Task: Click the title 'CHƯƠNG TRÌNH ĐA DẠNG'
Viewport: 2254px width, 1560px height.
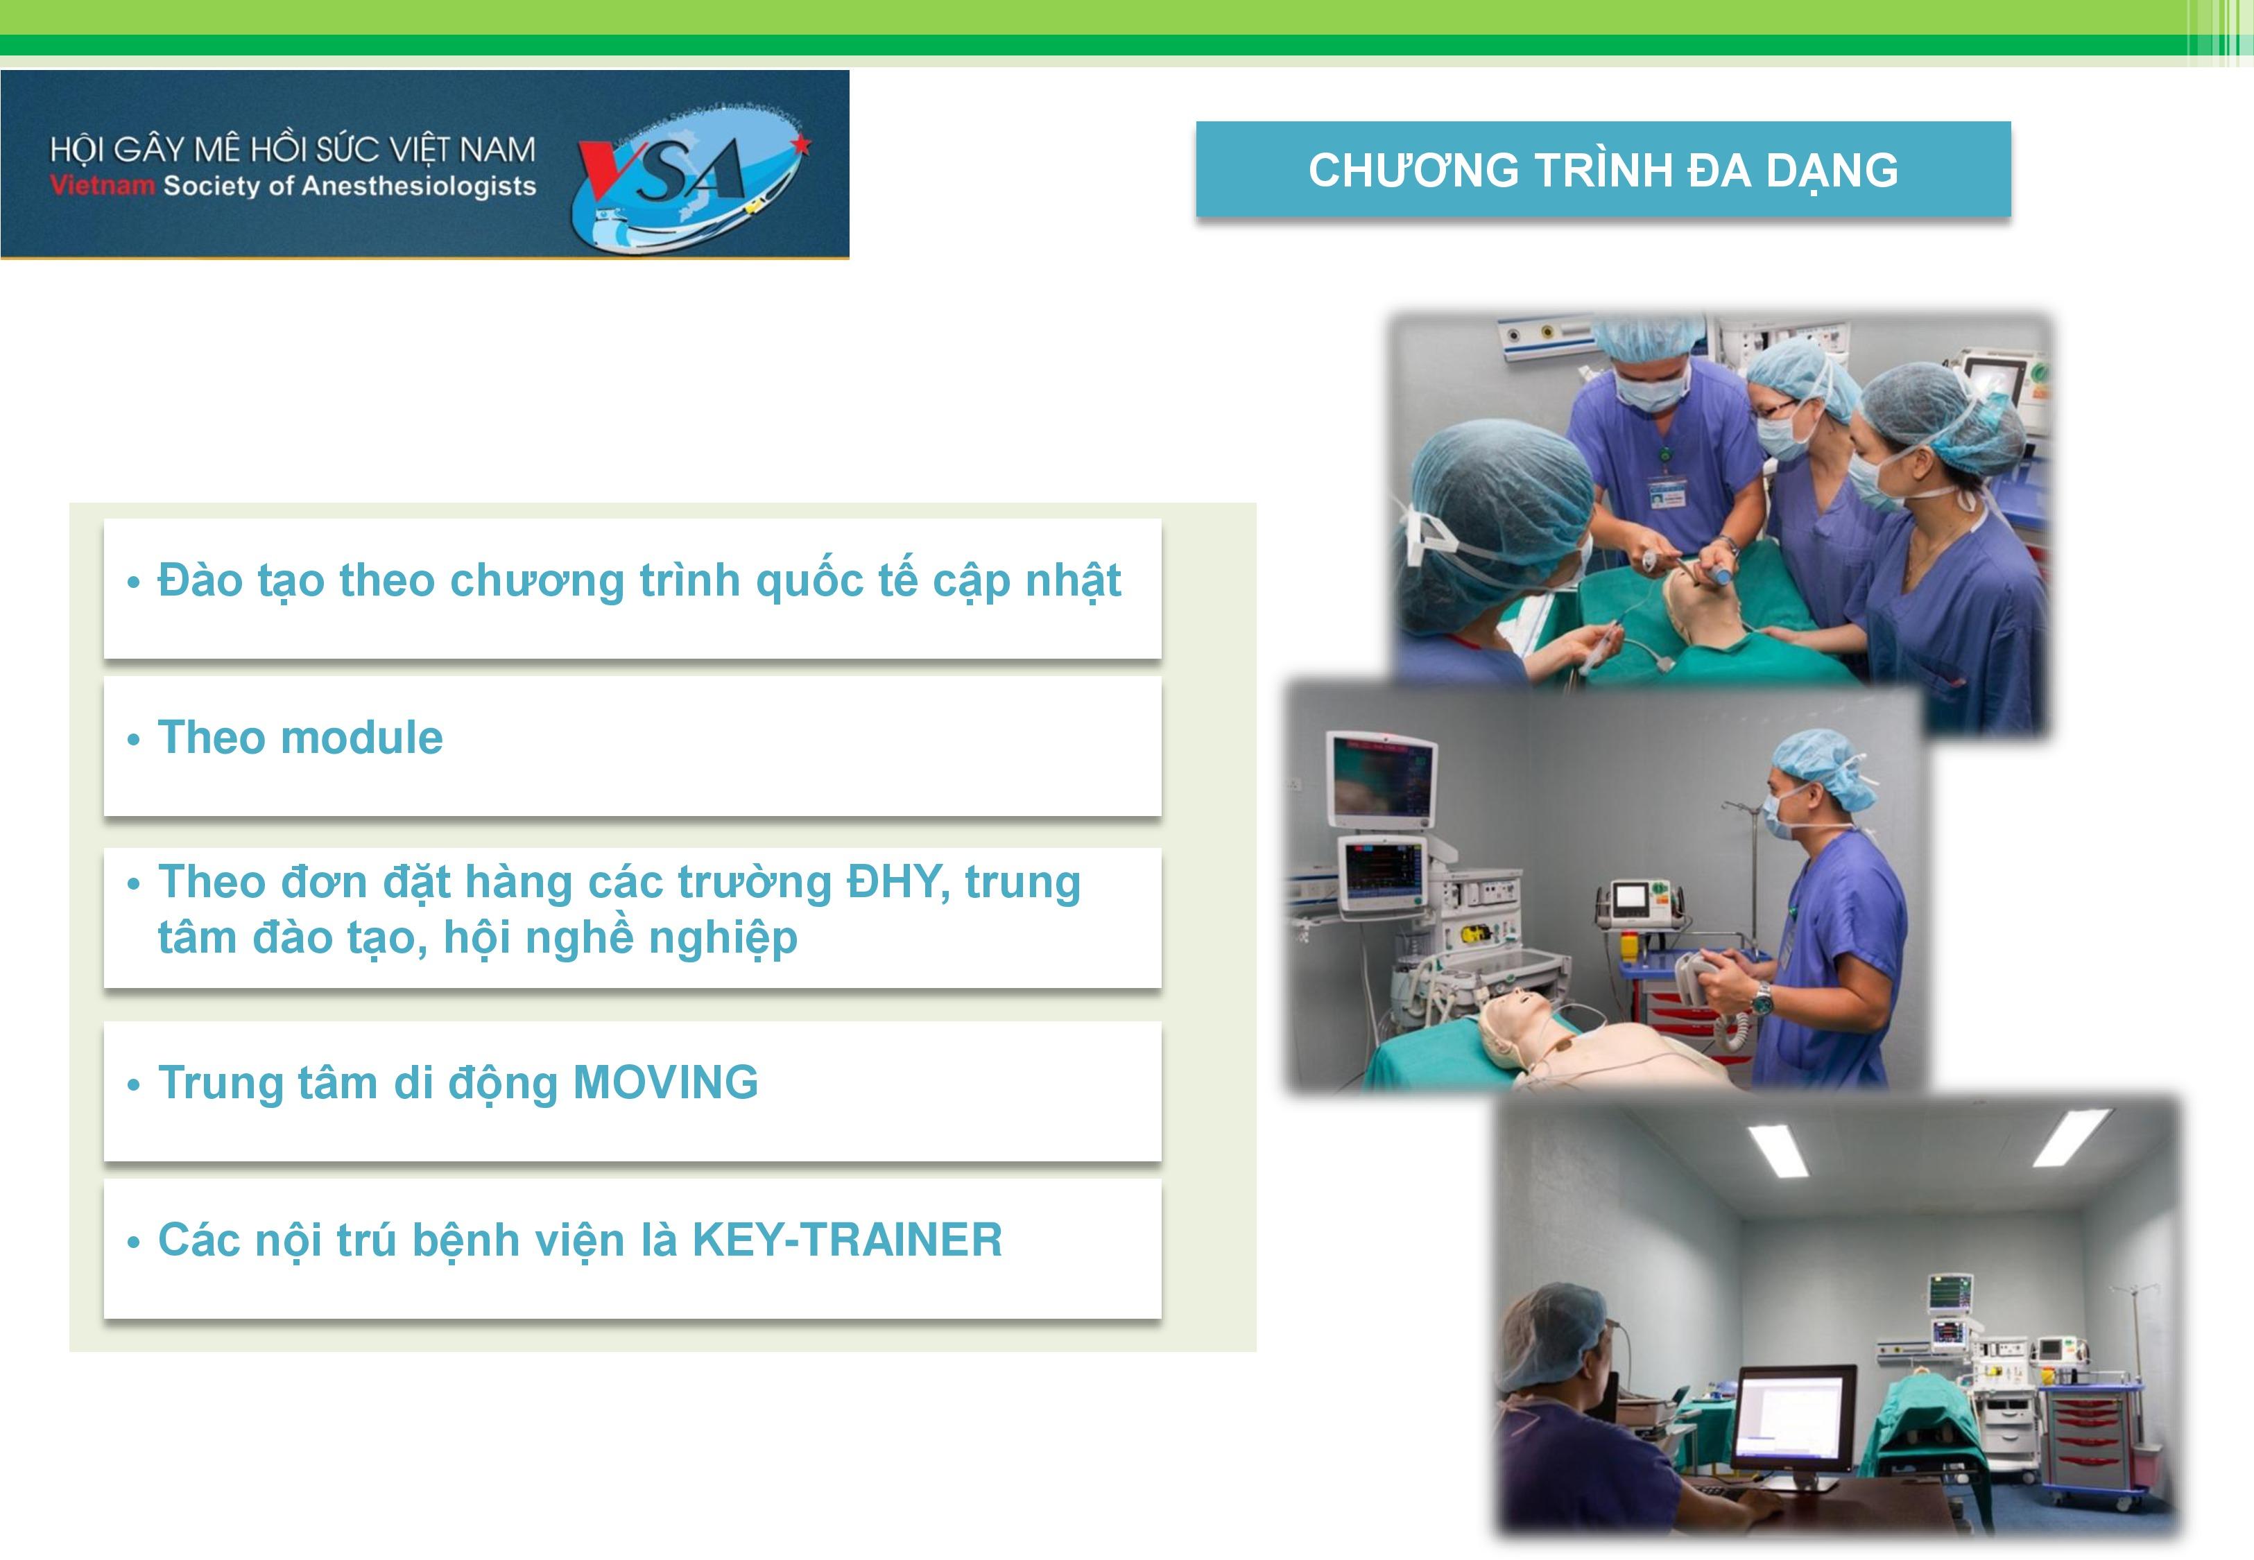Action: [x=1603, y=170]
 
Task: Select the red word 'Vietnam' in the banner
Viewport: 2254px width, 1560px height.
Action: [x=103, y=184]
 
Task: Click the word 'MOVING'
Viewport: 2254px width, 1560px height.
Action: [x=666, y=1082]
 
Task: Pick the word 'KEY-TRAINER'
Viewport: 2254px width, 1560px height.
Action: [x=848, y=1240]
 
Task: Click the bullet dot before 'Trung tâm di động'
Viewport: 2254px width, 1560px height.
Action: [x=134, y=1085]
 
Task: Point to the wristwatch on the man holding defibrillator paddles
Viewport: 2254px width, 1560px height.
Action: [x=1762, y=997]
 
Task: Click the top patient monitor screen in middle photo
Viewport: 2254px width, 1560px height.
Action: [x=1380, y=777]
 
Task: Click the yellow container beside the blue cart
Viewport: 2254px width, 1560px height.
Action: [x=1631, y=946]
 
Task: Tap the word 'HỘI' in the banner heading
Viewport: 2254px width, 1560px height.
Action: [x=76, y=150]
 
